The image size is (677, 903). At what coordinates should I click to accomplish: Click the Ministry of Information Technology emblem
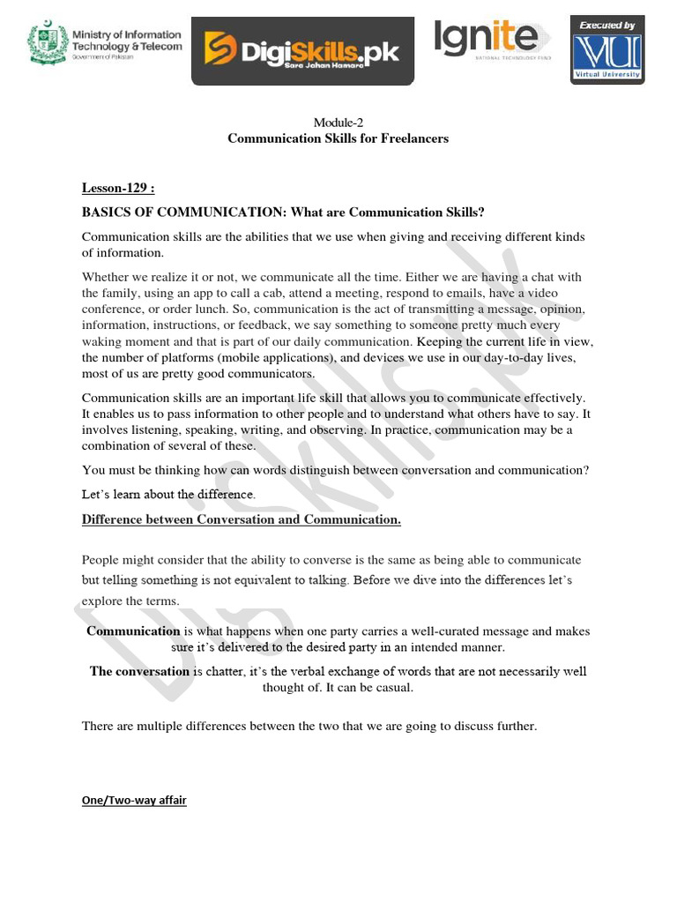click(x=47, y=43)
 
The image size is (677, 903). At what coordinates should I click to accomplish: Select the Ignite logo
click(x=486, y=40)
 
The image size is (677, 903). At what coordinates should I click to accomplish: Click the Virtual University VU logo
click(x=607, y=55)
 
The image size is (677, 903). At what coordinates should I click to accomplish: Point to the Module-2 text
click(x=338, y=123)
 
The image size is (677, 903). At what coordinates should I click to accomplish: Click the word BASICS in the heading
click(x=108, y=213)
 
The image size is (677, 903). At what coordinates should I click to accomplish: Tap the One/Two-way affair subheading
click(x=134, y=801)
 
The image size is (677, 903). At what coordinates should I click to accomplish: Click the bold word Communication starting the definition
click(x=133, y=631)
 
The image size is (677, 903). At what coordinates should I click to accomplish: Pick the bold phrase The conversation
click(x=139, y=671)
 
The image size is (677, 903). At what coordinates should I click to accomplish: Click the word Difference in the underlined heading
click(x=113, y=519)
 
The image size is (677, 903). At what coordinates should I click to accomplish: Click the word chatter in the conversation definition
click(x=217, y=671)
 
